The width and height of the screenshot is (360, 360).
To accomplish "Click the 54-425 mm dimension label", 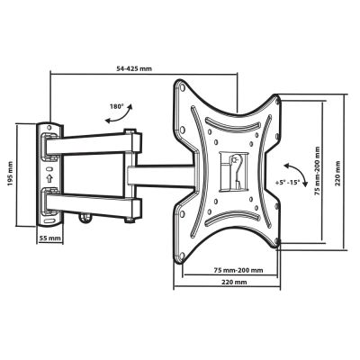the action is pos(134,68).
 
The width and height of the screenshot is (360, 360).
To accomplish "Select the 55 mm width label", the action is pos(50,238).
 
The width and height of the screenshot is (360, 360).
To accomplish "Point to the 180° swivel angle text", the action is pos(116,106).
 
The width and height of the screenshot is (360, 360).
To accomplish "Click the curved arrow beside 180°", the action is pos(120,116).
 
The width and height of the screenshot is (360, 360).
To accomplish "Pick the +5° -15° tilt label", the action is pos(287,182).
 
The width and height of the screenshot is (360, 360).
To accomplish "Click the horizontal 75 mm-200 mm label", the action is pos(238,270).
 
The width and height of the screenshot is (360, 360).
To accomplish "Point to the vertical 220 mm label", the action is pos(337,173).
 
